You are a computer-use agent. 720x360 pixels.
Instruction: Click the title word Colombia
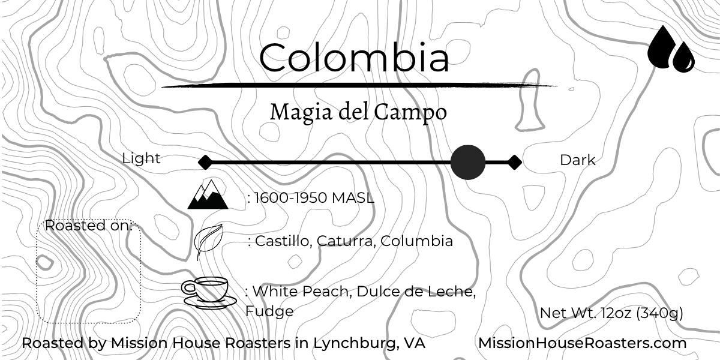[354, 58]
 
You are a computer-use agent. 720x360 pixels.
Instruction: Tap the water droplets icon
[670, 49]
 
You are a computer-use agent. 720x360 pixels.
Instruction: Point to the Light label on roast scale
[142, 158]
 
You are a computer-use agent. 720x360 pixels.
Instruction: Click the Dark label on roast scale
[577, 160]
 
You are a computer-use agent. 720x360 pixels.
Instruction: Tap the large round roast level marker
[467, 162]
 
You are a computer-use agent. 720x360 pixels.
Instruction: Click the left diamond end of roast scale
[205, 162]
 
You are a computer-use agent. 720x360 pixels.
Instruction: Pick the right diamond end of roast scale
[514, 162]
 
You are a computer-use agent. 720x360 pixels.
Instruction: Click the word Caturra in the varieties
[345, 241]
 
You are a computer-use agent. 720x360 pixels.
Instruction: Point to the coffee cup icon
[208, 292]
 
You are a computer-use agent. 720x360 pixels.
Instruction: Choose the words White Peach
[302, 292]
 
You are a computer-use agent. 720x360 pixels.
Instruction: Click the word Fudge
[269, 311]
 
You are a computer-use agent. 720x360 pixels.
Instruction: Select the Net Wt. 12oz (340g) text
[611, 313]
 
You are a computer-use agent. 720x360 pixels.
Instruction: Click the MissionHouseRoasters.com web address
[582, 343]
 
